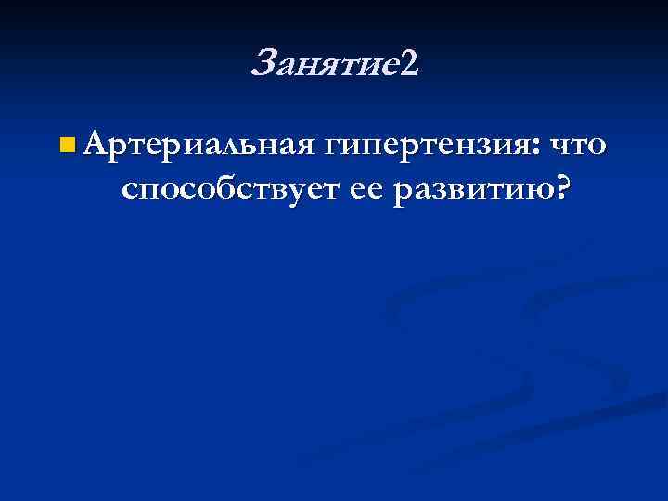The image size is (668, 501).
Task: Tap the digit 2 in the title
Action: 411,64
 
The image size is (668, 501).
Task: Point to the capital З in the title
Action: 263,64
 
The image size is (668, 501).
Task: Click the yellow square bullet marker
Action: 65,146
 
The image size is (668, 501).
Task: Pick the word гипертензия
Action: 427,146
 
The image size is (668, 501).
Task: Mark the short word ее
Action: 367,191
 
